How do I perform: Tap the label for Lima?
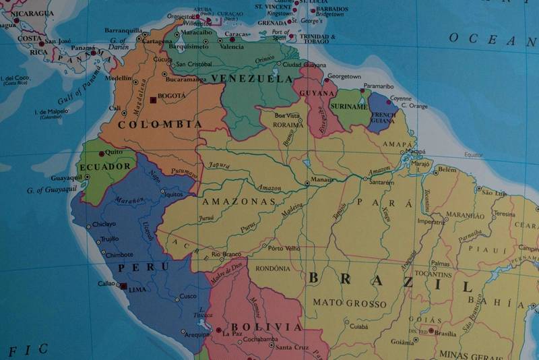click(137, 289)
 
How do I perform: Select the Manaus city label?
click(320, 181)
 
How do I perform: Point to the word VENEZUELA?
click(252, 79)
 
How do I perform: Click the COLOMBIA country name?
click(159, 125)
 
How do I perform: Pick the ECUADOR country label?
click(104, 167)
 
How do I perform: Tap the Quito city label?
click(115, 152)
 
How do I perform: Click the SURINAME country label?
click(349, 107)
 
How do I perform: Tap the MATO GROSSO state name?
click(350, 303)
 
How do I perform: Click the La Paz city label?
click(232, 334)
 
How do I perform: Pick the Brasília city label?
click(445, 333)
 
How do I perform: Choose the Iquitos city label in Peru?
click(174, 194)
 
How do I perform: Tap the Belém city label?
click(447, 169)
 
